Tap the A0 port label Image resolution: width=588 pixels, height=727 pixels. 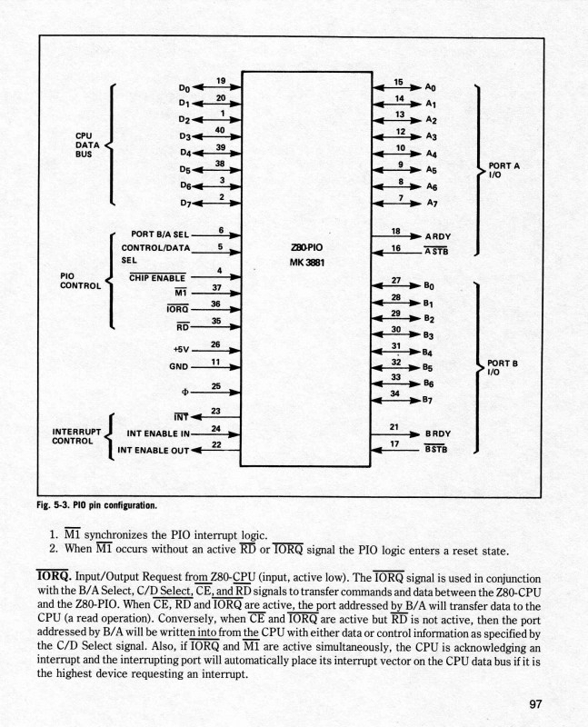coord(432,88)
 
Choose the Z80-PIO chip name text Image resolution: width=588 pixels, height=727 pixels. coord(304,246)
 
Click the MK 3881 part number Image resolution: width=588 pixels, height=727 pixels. coord(304,263)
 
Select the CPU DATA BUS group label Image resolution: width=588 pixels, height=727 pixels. coord(88,144)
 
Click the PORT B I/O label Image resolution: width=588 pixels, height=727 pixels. coord(503,366)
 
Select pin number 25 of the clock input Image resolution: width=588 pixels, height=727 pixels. coord(215,386)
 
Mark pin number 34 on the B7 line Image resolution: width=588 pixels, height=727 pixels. coord(395,394)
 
